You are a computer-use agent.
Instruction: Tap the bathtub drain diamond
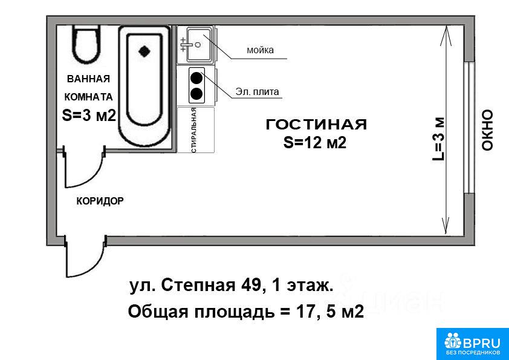click(x=144, y=51)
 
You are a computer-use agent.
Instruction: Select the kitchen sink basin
click(x=199, y=45)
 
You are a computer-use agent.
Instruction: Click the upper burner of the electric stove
click(x=196, y=78)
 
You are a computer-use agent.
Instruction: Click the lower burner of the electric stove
click(x=196, y=94)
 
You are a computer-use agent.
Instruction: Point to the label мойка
click(x=261, y=50)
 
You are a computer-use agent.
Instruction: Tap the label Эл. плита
click(x=257, y=92)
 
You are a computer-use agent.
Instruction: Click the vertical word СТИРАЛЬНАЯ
click(x=194, y=130)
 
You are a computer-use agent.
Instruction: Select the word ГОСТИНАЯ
click(x=317, y=125)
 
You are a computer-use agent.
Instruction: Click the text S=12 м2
click(x=315, y=143)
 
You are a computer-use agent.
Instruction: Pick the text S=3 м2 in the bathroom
click(x=89, y=115)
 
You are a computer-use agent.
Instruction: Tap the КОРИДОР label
click(x=100, y=201)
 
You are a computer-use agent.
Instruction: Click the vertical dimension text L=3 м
click(x=438, y=139)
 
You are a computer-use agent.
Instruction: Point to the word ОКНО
click(x=487, y=130)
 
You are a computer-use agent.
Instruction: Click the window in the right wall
click(x=468, y=126)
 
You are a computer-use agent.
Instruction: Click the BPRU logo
click(x=472, y=344)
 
